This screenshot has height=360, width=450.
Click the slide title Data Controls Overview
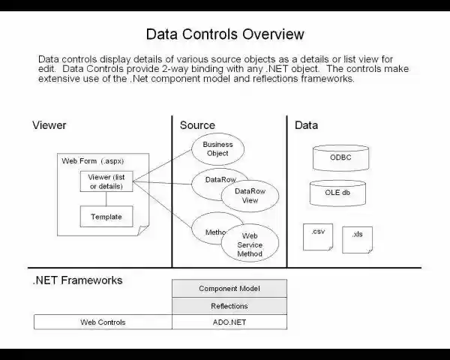point(225,34)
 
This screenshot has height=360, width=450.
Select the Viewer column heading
point(49,125)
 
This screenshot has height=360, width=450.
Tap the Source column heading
point(197,125)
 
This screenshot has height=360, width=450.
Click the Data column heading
point(306,125)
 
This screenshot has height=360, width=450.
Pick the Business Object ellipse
point(217,148)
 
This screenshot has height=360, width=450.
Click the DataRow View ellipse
point(249,196)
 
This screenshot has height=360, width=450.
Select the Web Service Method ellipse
point(250,244)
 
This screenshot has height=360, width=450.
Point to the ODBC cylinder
point(340,157)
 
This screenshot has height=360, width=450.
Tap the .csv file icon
point(318,236)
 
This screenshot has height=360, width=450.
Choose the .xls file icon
point(357,239)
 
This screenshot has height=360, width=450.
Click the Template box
point(106,217)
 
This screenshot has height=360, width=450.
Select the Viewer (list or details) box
point(106,181)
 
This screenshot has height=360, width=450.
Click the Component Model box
point(229,289)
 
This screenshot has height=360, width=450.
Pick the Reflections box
point(229,306)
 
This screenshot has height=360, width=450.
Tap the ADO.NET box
point(229,322)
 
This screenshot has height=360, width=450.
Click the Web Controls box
point(103,322)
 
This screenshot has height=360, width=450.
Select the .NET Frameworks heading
point(77,280)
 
